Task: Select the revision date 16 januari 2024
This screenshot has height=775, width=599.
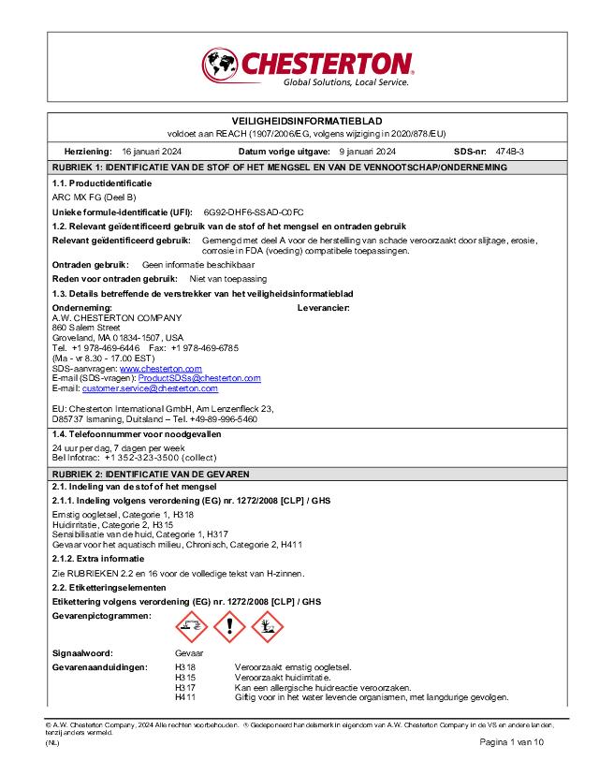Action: tap(152, 151)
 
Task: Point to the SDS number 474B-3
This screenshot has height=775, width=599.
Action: tap(510, 151)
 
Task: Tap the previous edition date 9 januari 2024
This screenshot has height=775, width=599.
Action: tap(368, 151)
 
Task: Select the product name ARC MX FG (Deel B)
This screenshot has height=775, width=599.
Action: tap(94, 197)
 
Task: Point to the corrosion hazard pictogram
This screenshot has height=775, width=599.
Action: tap(191, 625)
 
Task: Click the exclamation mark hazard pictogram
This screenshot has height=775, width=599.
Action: tap(229, 625)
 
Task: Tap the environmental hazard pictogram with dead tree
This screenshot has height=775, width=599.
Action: tap(267, 625)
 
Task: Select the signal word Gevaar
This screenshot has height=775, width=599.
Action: tap(189, 652)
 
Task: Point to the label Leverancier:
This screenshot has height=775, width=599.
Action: tap(323, 307)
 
